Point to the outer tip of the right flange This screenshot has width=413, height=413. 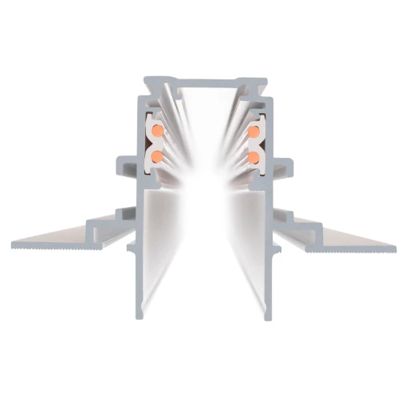tap(398, 244)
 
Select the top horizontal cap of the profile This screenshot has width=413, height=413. tap(206, 81)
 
